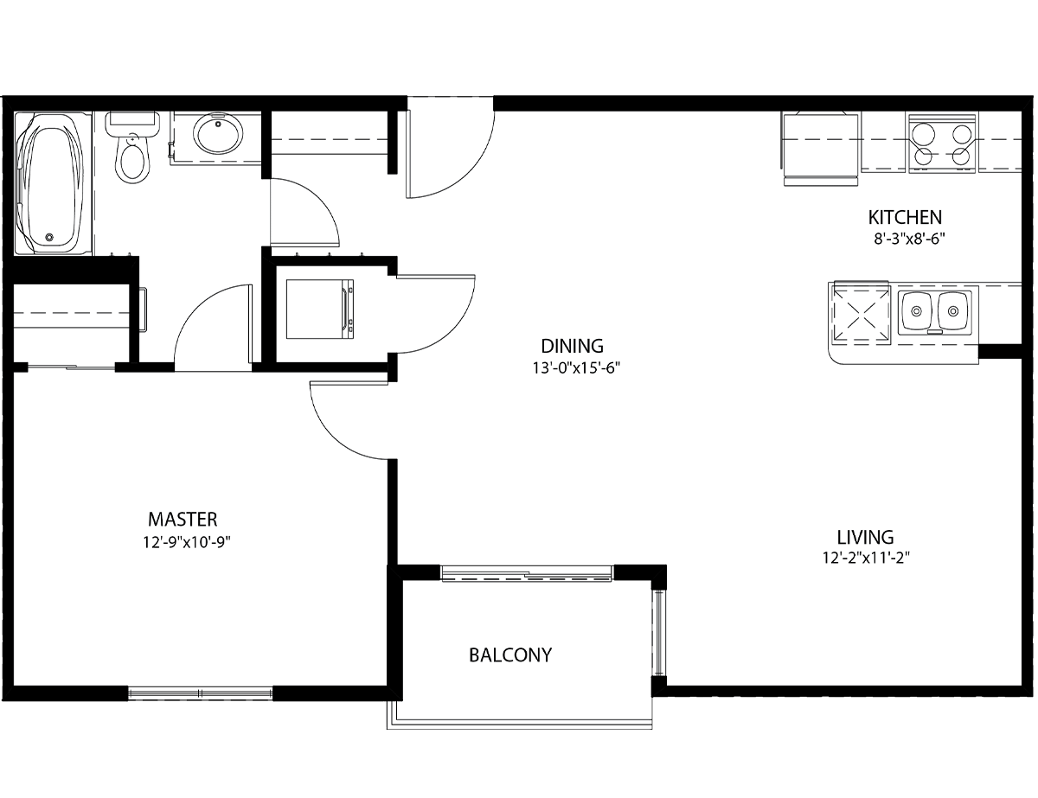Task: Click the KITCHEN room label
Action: click(905, 218)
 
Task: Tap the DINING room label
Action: click(572, 346)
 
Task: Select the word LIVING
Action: click(865, 538)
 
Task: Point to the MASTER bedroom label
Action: click(183, 519)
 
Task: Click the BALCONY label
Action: click(510, 655)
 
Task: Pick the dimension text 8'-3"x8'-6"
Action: click(909, 239)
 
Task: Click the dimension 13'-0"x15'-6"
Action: click(576, 368)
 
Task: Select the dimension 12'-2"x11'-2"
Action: click(866, 558)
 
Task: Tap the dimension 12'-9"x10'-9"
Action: click(187, 542)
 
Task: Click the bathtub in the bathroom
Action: click(53, 183)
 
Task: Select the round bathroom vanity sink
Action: click(217, 133)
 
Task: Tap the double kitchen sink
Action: click(935, 313)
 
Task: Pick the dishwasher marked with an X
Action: click(862, 315)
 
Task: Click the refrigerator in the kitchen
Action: click(821, 149)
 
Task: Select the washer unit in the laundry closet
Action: click(320, 310)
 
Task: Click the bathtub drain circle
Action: click(49, 237)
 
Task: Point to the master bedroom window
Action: click(200, 693)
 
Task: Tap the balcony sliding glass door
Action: click(527, 573)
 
